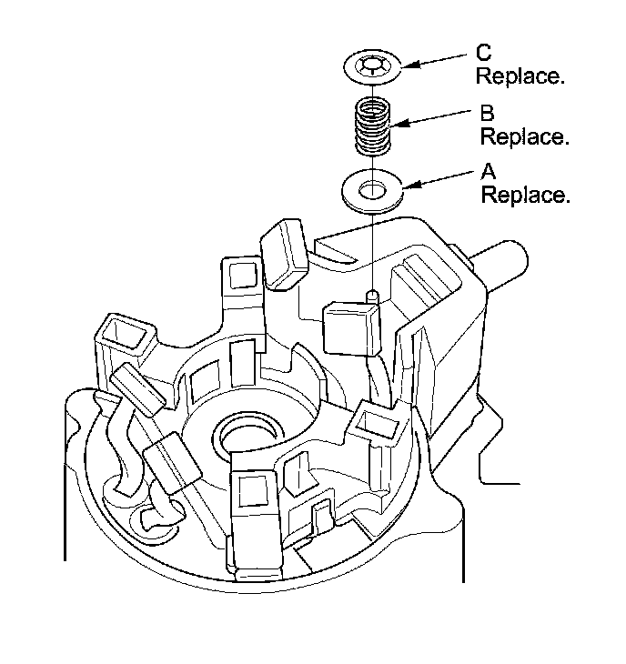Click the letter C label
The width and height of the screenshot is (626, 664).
483,54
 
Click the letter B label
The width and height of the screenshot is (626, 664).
488,115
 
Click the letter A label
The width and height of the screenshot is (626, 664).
488,172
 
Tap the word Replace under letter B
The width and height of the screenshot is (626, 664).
525,136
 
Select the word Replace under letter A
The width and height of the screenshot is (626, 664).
525,195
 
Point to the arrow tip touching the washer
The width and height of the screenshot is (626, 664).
406,187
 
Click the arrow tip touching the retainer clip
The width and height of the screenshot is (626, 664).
404,65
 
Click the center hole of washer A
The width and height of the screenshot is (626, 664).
372,191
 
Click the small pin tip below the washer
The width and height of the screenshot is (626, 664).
372,295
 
